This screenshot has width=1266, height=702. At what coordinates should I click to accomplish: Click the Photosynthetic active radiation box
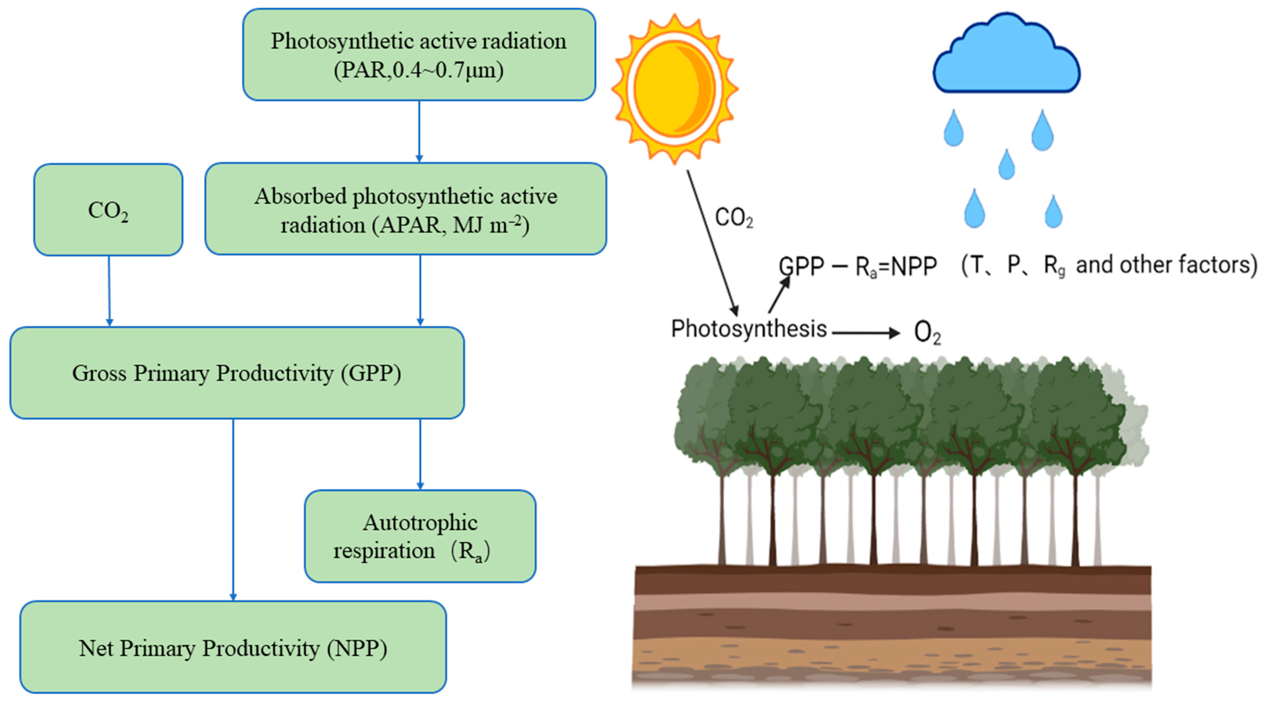pyautogui.click(x=419, y=55)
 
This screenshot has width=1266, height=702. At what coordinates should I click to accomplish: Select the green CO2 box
pyautogui.click(x=108, y=210)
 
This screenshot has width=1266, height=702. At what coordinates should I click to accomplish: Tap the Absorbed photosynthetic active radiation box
pyautogui.click(x=405, y=209)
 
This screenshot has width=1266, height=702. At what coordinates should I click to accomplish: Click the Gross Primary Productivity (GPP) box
pyautogui.click(x=237, y=373)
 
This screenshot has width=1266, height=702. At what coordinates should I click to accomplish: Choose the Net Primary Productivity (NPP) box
pyautogui.click(x=233, y=647)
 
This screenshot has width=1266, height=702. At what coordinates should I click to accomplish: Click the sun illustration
pyautogui.click(x=674, y=89)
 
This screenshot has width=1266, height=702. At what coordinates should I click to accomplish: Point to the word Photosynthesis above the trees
pyautogui.click(x=749, y=329)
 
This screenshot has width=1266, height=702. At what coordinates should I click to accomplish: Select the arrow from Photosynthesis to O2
pyautogui.click(x=865, y=333)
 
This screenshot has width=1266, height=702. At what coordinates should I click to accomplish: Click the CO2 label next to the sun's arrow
pyautogui.click(x=733, y=218)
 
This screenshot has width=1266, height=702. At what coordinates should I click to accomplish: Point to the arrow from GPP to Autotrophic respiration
pyautogui.click(x=420, y=453)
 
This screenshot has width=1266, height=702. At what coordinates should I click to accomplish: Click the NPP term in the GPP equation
pyautogui.click(x=914, y=267)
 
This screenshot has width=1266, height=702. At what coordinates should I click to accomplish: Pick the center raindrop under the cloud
pyautogui.click(x=1006, y=165)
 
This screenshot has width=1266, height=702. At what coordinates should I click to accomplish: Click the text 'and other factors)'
pyautogui.click(x=1166, y=265)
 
